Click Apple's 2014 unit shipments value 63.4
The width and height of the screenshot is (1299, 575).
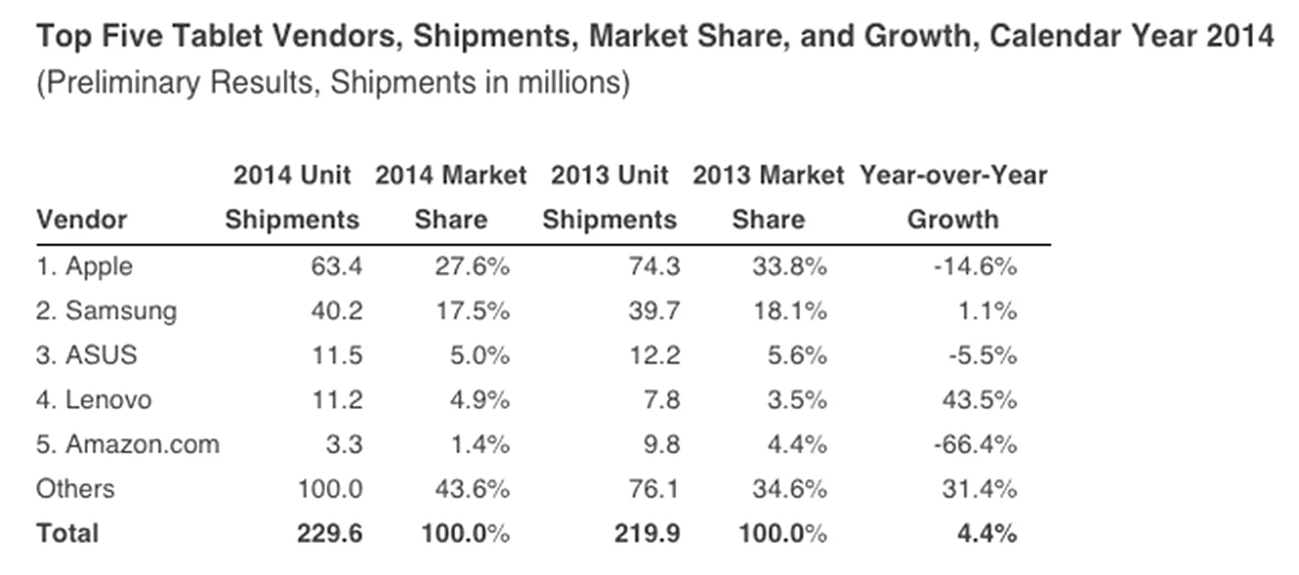[x=336, y=266]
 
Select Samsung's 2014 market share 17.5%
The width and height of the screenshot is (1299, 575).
[x=473, y=311]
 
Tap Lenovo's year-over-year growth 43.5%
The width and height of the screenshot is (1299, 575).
[x=979, y=400]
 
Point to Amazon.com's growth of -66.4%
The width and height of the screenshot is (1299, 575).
[x=975, y=444]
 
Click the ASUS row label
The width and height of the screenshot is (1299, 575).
[x=86, y=355]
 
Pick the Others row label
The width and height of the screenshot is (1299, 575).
[x=75, y=489]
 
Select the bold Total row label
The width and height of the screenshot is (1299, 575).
[x=67, y=533]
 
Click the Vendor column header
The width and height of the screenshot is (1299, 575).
[x=82, y=220]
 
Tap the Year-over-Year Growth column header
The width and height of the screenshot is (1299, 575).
[x=954, y=197]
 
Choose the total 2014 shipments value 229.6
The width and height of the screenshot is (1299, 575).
[x=329, y=533]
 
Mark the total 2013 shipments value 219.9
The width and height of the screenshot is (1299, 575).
[x=647, y=533]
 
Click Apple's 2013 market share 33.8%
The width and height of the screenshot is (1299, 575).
[x=790, y=266]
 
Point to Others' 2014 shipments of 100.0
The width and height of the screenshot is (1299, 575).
[x=330, y=489]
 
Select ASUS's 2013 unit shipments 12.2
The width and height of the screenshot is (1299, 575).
[x=655, y=355]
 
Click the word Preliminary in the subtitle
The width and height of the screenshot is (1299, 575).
[x=123, y=82]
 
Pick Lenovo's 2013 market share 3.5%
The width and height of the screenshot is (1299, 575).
[x=798, y=400]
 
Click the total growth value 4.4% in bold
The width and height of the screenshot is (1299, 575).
[x=987, y=533]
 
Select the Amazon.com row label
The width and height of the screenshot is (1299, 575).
[x=127, y=444]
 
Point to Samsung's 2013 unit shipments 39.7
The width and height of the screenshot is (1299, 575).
[x=654, y=311]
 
